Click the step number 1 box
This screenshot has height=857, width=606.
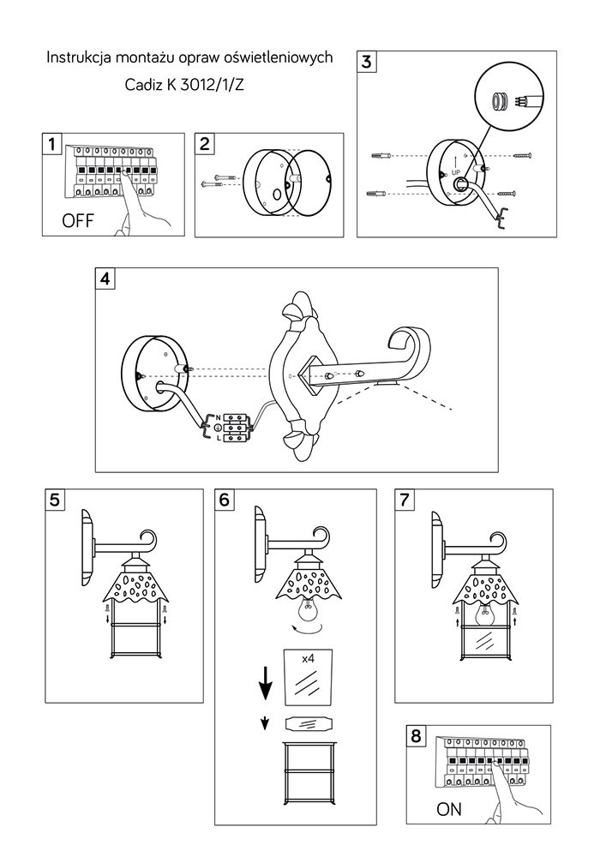(52, 143)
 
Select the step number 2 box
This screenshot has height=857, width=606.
(205, 143)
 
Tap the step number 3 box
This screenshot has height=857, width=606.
(366, 62)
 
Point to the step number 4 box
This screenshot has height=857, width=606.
(105, 279)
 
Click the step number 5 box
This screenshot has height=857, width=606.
(55, 500)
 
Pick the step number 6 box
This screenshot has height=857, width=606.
(225, 500)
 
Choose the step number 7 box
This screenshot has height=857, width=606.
(405, 500)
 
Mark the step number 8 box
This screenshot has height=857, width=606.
(417, 736)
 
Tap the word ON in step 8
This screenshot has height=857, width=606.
(448, 808)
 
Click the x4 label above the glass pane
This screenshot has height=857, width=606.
(308, 657)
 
